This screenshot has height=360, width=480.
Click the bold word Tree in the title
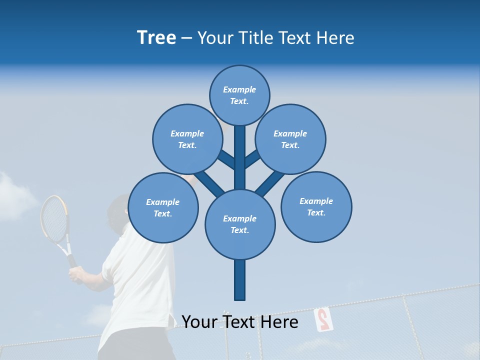156,37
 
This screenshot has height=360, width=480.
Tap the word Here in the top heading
335,37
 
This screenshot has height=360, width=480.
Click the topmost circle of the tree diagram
239,95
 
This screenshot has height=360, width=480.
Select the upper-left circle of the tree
187,139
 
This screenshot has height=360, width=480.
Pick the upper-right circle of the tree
290,139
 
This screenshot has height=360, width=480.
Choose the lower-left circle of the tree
162,207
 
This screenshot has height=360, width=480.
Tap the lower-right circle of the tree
316,206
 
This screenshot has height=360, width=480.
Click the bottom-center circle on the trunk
239,224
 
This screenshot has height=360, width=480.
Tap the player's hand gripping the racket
76,274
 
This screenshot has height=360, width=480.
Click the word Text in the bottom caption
240,321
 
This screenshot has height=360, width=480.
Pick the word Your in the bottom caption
199,321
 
